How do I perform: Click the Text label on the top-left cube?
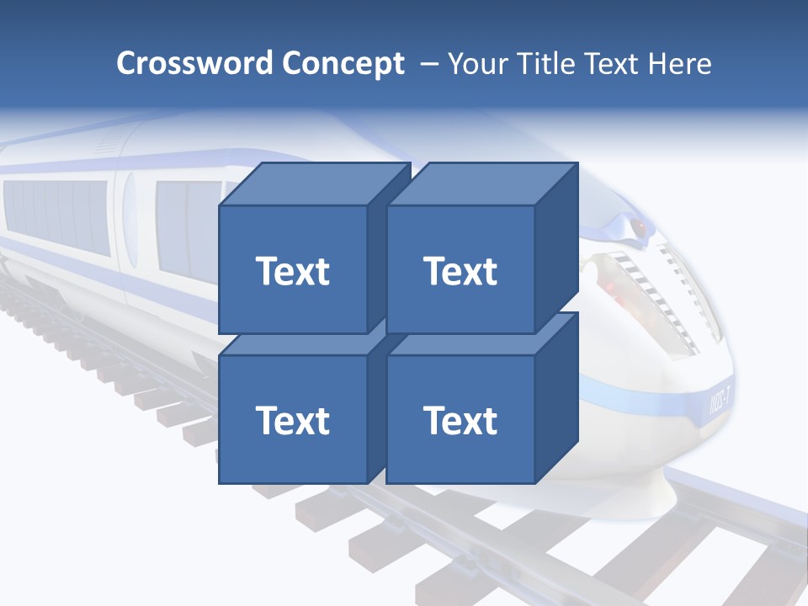[x=292, y=271]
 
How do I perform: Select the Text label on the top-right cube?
[x=460, y=271]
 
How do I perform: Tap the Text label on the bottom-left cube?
[x=292, y=420]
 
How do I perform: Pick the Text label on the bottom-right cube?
[x=460, y=420]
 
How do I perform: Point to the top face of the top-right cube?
[x=481, y=184]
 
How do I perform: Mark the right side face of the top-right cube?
[x=556, y=248]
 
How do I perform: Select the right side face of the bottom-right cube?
[x=556, y=398]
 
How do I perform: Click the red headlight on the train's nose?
[x=641, y=227]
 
